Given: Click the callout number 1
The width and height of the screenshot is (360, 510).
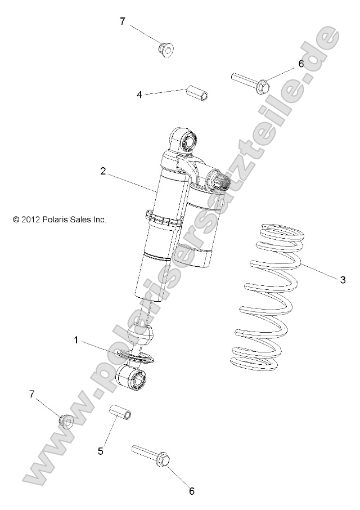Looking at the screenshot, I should click(x=76, y=339).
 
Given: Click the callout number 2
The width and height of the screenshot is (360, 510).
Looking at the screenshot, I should click(x=103, y=171).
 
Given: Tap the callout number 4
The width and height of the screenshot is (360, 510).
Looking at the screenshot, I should click(x=139, y=95).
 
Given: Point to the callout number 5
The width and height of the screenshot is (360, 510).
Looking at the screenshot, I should click(x=101, y=451).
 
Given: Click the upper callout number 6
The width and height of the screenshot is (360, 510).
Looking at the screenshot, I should click(x=301, y=64).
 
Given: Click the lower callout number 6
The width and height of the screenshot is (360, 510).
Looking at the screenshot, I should click(x=191, y=491).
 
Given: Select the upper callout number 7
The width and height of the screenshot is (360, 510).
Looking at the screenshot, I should click(x=123, y=21).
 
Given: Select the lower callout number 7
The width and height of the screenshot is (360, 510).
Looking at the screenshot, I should click(x=32, y=394).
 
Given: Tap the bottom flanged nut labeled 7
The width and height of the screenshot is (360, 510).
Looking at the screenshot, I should click(x=66, y=420).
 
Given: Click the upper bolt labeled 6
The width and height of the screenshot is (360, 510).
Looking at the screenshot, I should click(x=251, y=82).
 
